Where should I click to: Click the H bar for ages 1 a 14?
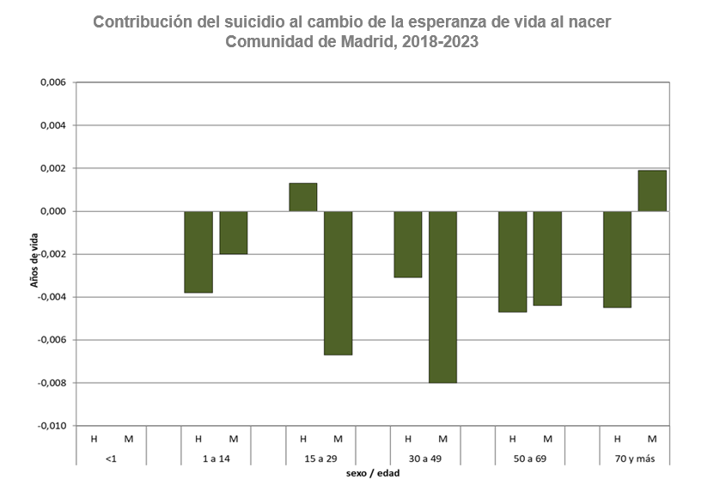tap(198, 252)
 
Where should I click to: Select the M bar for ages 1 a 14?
tap(234, 233)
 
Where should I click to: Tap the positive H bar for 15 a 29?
tap(303, 197)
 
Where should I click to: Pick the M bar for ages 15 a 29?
tap(338, 282)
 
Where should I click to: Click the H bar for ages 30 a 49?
tap(408, 244)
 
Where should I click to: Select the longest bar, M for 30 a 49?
tap(442, 296)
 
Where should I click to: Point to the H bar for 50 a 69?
tap(513, 261)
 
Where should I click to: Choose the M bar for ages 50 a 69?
tap(547, 258)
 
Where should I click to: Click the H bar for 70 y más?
tap(618, 258)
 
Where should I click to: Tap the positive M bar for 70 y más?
tap(652, 191)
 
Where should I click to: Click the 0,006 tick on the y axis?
tap(53, 82)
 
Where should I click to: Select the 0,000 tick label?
tap(53, 211)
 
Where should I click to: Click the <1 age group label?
tap(111, 459)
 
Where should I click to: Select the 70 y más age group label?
tap(634, 459)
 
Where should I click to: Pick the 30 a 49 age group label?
tap(424, 459)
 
